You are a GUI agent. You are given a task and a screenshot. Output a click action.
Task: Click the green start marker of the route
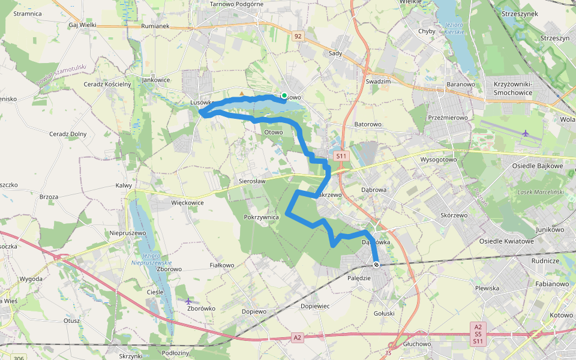click(284, 95)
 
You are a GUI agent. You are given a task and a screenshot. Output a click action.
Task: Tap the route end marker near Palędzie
click(376, 265)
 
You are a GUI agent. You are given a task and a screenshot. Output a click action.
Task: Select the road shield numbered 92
click(298, 37)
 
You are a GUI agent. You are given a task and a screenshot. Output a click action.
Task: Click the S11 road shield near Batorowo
click(341, 156)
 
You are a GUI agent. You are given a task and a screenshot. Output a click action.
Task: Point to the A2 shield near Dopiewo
click(298, 338)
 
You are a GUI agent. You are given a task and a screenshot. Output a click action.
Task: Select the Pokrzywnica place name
click(262, 217)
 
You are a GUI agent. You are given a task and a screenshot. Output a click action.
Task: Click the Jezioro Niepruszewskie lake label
click(151, 259)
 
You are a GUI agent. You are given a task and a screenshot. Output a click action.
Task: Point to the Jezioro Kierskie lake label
click(456, 28)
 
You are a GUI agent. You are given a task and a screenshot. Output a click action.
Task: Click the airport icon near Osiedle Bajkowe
click(526, 133)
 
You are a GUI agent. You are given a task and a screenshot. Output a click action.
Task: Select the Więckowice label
click(187, 203)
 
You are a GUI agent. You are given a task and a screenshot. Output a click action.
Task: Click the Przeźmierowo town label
click(448, 118)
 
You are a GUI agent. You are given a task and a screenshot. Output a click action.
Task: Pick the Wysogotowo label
click(439, 160)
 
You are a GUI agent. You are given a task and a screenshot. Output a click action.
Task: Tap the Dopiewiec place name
click(316, 306)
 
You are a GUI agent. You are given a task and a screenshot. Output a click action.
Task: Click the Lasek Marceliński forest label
click(541, 192)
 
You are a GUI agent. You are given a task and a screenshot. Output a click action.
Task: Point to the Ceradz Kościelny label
click(107, 84)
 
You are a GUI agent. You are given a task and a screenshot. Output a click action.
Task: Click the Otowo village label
click(273, 133)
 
